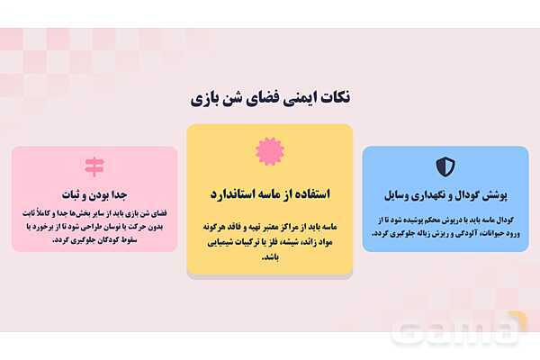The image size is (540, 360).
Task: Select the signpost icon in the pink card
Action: click(x=94, y=166)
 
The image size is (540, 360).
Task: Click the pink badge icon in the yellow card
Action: click(x=269, y=150)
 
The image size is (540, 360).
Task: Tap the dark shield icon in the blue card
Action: click(x=445, y=166)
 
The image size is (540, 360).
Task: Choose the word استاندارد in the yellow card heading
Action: click(x=236, y=193)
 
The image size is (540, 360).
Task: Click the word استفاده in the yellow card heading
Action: click(x=311, y=193)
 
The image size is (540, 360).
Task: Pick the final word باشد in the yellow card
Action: click(x=269, y=257)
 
